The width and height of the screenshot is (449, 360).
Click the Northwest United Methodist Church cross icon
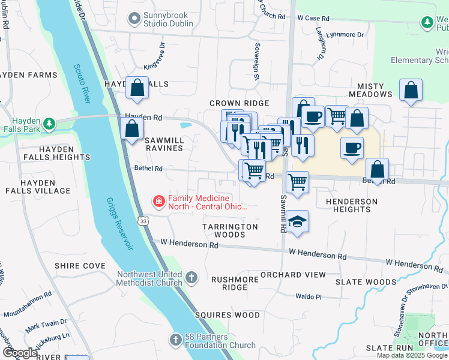tap(191, 277)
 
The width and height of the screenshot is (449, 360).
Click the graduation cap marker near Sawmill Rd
tap(297, 222)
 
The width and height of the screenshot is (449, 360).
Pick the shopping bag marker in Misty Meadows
tap(411, 91)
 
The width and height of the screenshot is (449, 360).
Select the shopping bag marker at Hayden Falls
tap(137, 88)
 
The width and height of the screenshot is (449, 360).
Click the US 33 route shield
tap(143, 221)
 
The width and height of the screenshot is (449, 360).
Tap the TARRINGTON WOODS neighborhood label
tap(230, 230)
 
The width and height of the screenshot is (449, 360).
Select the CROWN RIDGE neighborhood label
tap(239, 104)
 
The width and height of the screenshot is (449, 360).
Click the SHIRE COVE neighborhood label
tap(80, 266)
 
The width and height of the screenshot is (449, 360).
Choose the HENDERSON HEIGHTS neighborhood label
tap(352, 205)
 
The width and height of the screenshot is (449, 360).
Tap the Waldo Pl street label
tap(309, 296)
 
